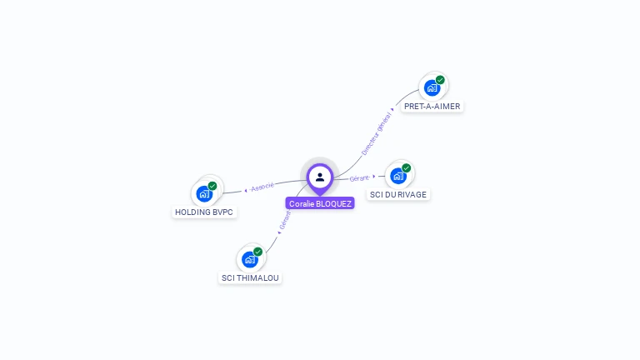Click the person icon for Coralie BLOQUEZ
tap(320, 177)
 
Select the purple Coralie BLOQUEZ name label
tap(320, 203)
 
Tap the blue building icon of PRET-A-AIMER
tap(432, 87)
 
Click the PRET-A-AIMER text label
tap(432, 107)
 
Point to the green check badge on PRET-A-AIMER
tap(440, 80)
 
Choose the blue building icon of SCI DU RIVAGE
tap(398, 176)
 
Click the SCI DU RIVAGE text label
tap(399, 195)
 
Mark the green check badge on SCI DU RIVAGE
tap(407, 168)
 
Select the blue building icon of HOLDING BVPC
tap(204, 193)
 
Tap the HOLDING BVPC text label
tap(204, 212)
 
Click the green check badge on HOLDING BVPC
tap(212, 186)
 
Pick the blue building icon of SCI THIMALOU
tap(250, 259)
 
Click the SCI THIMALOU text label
tap(250, 277)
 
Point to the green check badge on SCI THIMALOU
tap(258, 252)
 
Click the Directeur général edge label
tap(377, 133)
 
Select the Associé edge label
tap(262, 187)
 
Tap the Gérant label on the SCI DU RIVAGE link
tap(359, 177)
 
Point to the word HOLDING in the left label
tap(192, 212)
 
